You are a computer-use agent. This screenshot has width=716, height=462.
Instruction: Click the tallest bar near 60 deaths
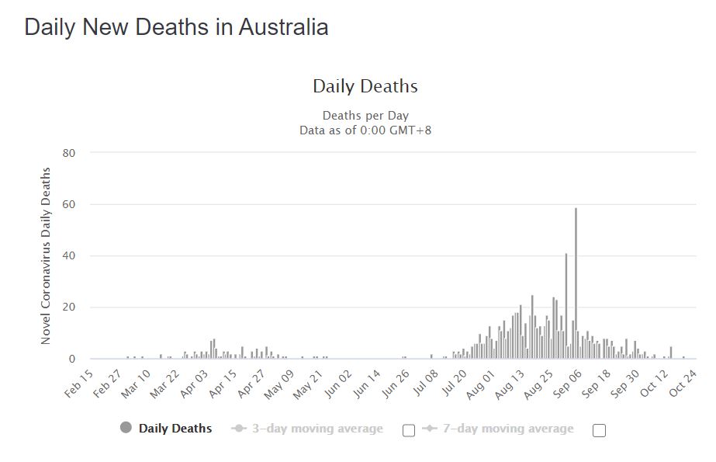(576, 283)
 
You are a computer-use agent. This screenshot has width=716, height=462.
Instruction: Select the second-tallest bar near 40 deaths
(566, 306)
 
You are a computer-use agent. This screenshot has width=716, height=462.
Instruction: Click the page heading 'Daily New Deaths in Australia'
(176, 27)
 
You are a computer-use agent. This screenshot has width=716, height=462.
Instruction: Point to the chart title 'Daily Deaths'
(365, 86)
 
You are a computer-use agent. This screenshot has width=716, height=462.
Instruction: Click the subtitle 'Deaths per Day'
(365, 116)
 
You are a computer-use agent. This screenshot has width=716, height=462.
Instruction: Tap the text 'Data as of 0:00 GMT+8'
(365, 130)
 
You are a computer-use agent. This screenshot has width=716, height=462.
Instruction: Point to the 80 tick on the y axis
(68, 153)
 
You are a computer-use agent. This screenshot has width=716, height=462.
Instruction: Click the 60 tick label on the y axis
(68, 204)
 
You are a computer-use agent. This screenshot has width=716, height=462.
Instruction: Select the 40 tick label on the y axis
(68, 256)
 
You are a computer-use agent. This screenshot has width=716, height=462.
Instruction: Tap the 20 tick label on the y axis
(68, 307)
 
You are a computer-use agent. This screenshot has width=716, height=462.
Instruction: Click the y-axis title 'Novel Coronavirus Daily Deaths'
(46, 256)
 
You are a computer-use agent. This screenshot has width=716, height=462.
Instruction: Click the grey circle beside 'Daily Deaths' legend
(126, 428)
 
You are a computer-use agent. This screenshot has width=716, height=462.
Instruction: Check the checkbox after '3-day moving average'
(409, 430)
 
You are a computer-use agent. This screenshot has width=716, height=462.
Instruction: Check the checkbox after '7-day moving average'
(598, 430)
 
